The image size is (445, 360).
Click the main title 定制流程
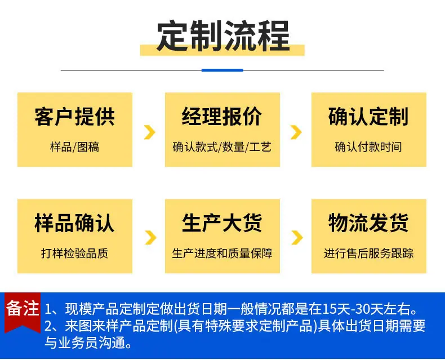[223, 36]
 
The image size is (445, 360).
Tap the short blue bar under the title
[222, 70]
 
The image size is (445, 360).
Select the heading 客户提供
[75, 117]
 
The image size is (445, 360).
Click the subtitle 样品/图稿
[75, 147]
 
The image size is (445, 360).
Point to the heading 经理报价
[222, 117]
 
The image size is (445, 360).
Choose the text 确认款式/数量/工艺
[222, 147]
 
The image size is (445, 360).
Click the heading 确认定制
[368, 117]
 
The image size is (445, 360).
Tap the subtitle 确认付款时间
[368, 147]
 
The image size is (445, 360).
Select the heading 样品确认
[75, 223]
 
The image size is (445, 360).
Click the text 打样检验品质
[75, 254]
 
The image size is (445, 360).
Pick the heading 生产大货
[222, 223]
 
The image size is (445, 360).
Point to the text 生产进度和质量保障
[222, 254]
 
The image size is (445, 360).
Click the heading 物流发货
[368, 223]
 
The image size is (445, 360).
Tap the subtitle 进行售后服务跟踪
[368, 254]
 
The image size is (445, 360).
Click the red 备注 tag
[23, 311]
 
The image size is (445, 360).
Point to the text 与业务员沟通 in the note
[84, 343]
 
